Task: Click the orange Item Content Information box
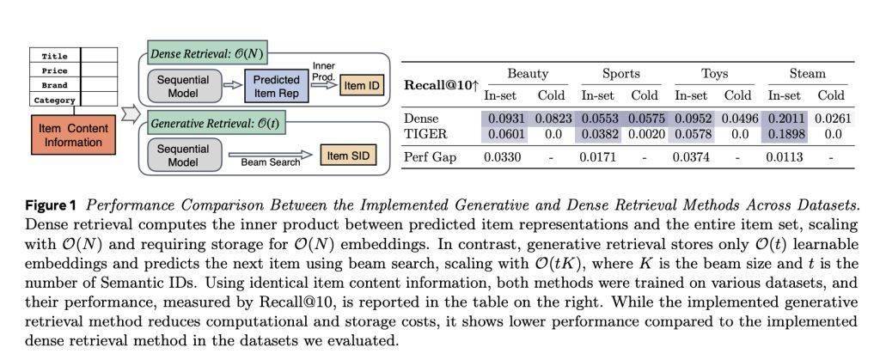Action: [x=73, y=135]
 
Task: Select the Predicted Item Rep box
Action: [x=276, y=87]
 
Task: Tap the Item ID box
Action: [x=362, y=87]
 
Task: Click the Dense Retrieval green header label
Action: [x=205, y=55]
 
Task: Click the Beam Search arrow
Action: [x=270, y=156]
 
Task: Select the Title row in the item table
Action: [x=73, y=56]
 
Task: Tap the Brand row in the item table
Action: [x=73, y=85]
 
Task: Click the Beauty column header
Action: [x=527, y=73]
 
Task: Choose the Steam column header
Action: [x=807, y=73]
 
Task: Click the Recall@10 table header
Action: [x=441, y=85]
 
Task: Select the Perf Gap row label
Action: [x=430, y=157]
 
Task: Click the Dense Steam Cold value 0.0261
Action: [x=833, y=119]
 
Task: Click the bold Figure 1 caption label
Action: [x=50, y=205]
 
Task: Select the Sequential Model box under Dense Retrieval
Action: [x=183, y=87]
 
